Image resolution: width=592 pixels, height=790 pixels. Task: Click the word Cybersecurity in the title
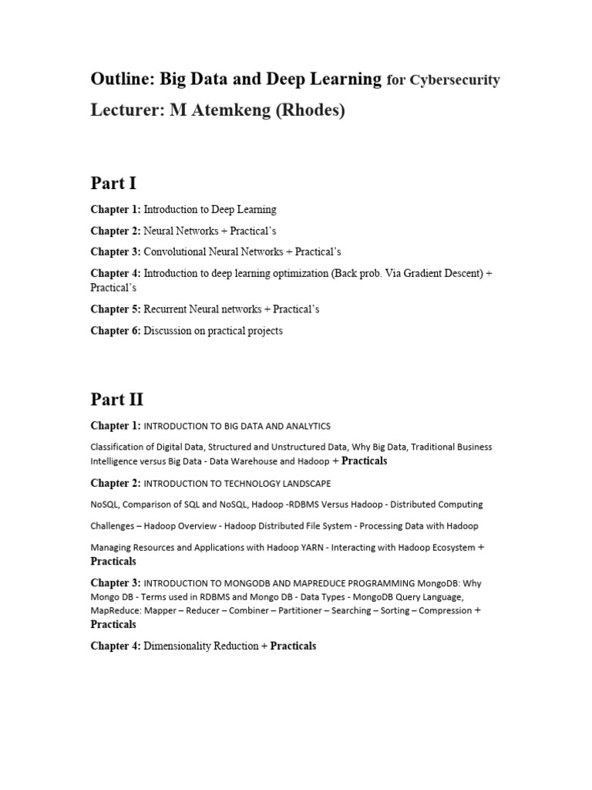coord(455,80)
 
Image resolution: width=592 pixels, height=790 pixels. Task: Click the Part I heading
coord(113,183)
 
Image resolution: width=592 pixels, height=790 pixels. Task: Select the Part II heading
coord(117,400)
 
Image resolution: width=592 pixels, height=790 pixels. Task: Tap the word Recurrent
coord(169,309)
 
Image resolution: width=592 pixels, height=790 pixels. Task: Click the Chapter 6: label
coord(116,331)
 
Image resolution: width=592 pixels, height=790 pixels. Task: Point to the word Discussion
coord(170,331)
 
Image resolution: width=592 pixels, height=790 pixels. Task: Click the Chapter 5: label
coord(116,309)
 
